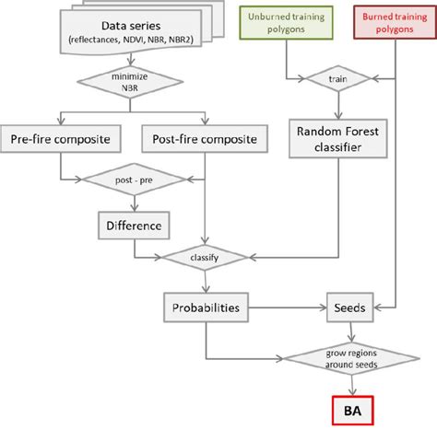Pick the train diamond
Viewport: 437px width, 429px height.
[x=334, y=79]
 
